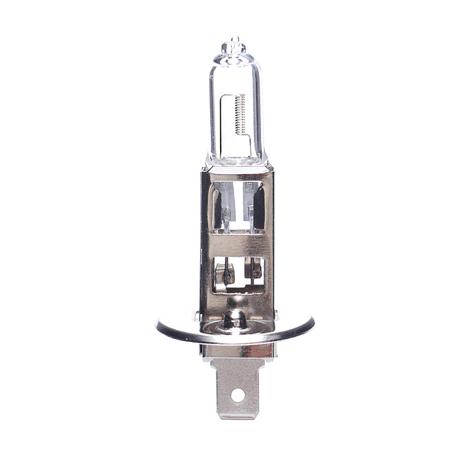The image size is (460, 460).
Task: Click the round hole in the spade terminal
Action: click(237, 393)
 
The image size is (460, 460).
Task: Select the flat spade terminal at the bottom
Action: click(237, 386)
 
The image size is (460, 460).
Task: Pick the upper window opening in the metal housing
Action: click(236, 206)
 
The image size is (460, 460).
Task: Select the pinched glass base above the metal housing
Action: click(236, 160)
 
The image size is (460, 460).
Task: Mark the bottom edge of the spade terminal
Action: click(237, 417)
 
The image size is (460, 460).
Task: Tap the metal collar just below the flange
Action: click(237, 350)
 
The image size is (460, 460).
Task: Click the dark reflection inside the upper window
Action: click(258, 205)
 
